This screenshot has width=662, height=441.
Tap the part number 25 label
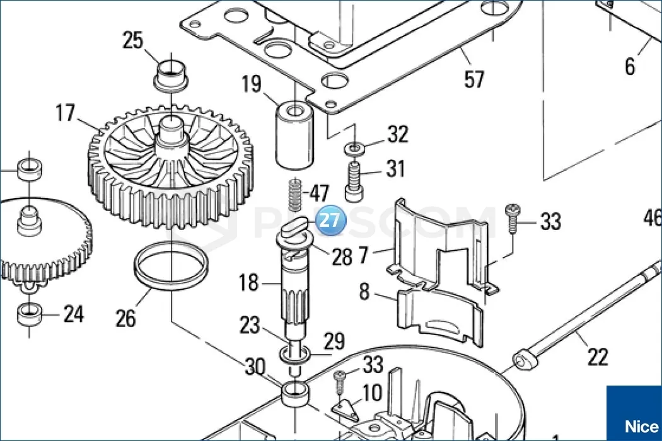(x=134, y=42)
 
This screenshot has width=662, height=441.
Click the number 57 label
(x=473, y=79)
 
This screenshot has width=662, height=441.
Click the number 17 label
(x=66, y=114)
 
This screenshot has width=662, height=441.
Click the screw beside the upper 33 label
(x=513, y=217)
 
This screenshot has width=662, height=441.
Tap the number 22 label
(x=597, y=357)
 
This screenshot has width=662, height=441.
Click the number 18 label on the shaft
(x=249, y=282)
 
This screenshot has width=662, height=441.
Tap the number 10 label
(x=372, y=393)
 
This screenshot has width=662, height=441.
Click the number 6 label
(x=630, y=66)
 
